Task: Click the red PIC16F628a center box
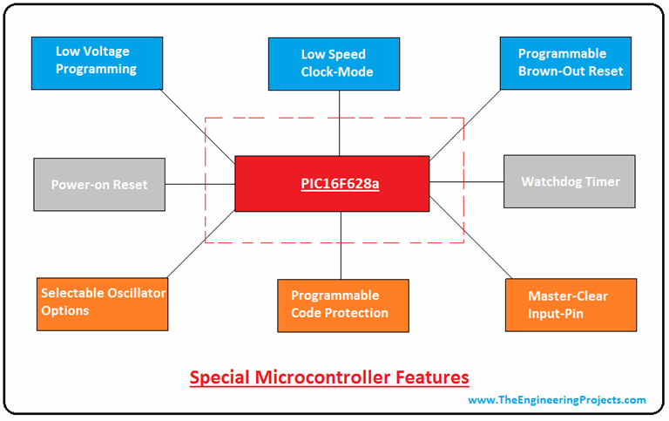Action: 332,184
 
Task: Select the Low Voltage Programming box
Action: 97,63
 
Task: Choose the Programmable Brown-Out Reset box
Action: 565,63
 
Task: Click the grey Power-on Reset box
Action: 99,184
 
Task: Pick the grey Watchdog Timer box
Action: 571,181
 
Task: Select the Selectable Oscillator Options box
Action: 103,302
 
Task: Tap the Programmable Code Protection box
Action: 342,305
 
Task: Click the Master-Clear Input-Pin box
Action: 571,304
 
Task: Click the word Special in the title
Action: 219,377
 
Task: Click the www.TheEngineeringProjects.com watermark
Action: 557,400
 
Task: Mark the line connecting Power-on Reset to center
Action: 199,184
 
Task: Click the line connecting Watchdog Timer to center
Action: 467,182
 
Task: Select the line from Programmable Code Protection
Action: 341,245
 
